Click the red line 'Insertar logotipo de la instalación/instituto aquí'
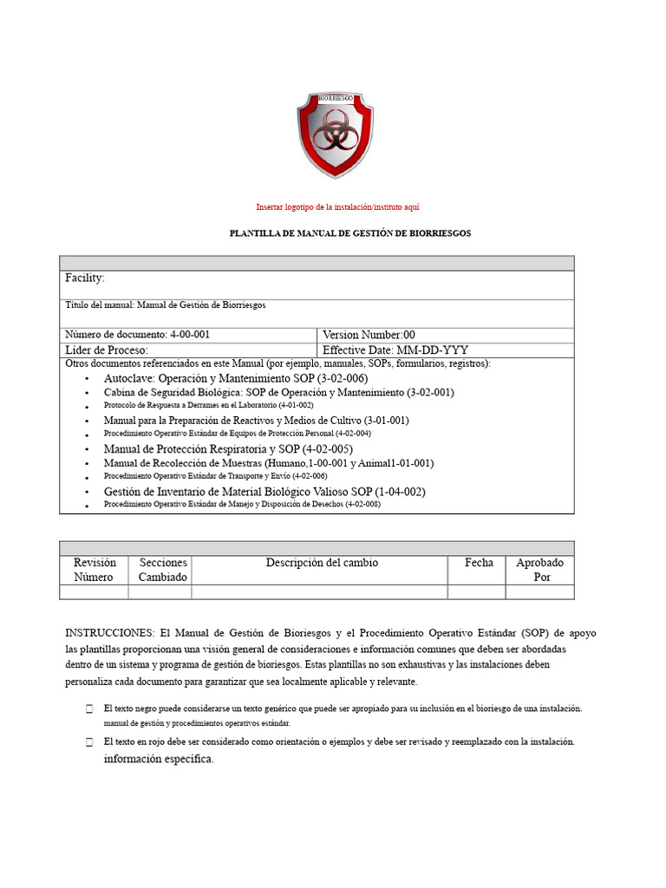tap(338, 207)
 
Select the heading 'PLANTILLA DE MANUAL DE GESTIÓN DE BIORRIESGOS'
tap(349, 234)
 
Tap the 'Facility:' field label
tap(85, 278)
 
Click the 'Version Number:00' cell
tap(369, 335)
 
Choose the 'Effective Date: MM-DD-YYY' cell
tap(395, 350)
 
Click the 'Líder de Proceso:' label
tap(113, 350)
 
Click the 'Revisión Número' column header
tap(94, 570)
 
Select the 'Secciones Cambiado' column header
tap(163, 570)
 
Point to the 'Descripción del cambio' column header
tap(322, 563)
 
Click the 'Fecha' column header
tap(479, 563)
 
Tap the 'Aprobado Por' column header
tap(539, 570)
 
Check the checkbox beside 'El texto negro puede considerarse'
tap(89, 709)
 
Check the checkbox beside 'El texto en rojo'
tap(89, 743)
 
